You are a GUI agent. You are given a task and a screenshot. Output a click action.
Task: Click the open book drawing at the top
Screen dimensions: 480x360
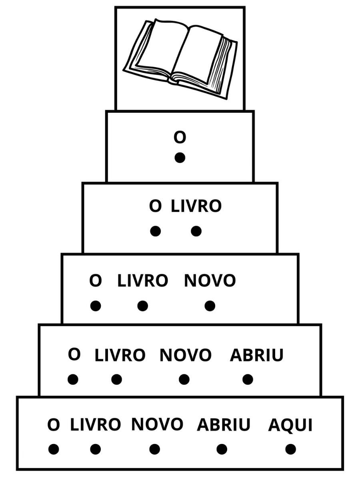click(x=180, y=58)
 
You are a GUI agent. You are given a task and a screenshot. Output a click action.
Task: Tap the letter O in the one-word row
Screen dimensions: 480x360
click(x=180, y=137)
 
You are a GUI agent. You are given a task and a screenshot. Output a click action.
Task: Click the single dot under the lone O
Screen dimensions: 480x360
click(x=180, y=158)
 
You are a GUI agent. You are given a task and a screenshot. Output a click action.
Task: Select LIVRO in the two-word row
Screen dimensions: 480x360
click(x=196, y=206)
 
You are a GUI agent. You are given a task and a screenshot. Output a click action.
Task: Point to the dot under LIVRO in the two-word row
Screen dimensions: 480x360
click(x=196, y=231)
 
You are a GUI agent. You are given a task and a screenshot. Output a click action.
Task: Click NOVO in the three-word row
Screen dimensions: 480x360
click(x=210, y=281)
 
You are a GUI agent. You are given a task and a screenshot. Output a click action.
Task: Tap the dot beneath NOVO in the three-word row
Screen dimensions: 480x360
click(x=210, y=306)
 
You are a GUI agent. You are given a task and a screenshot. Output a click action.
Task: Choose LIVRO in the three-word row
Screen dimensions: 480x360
click(x=143, y=281)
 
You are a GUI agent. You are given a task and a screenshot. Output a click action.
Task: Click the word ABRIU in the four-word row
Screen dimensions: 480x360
click(x=256, y=355)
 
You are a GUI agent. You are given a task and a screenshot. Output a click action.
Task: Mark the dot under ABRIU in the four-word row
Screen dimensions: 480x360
click(x=248, y=379)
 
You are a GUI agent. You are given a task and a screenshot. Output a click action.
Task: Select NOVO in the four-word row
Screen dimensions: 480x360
click(x=185, y=355)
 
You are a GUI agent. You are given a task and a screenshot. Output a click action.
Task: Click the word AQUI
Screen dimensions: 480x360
click(x=290, y=425)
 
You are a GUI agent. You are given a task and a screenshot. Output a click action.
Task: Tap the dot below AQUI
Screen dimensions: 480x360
click(x=291, y=449)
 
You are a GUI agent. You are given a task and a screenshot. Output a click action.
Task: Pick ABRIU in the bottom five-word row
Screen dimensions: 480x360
click(x=223, y=425)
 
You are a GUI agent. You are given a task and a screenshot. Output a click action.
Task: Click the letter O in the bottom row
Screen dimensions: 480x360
click(x=53, y=425)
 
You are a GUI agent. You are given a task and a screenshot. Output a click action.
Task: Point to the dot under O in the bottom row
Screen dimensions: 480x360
click(x=54, y=449)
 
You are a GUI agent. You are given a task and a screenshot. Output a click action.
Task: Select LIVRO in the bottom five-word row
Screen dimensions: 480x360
click(x=95, y=425)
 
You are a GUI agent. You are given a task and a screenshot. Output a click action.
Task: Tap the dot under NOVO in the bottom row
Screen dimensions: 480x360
click(x=155, y=449)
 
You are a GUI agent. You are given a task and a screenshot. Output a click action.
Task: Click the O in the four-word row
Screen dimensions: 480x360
click(x=74, y=354)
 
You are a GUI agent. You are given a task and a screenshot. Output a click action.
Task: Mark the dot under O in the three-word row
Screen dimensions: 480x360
click(x=95, y=306)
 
